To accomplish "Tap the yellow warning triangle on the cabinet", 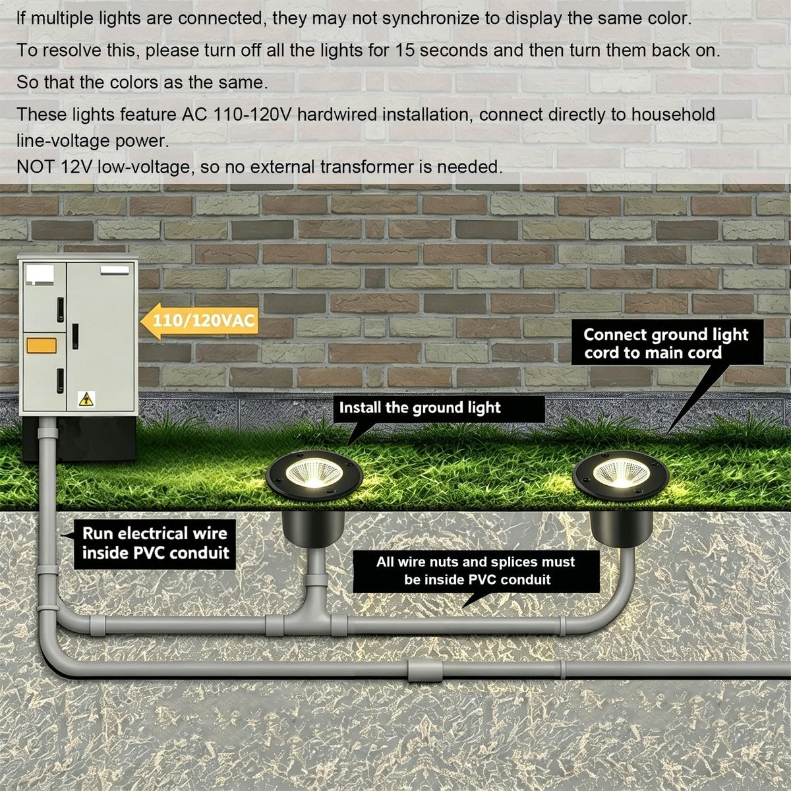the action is click(86, 399).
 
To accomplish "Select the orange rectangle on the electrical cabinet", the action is click(42, 345).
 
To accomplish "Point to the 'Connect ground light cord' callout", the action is click(668, 343).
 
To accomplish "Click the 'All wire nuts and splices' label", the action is click(476, 571).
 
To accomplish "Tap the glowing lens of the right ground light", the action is click(621, 473).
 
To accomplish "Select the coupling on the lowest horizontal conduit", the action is click(425, 670).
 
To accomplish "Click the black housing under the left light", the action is click(313, 529).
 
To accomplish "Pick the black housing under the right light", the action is click(621, 529).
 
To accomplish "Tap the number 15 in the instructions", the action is click(404, 51).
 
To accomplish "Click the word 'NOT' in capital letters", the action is click(36, 167).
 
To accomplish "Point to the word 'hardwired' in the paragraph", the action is click(337, 115).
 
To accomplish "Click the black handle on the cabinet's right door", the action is click(76, 337).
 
